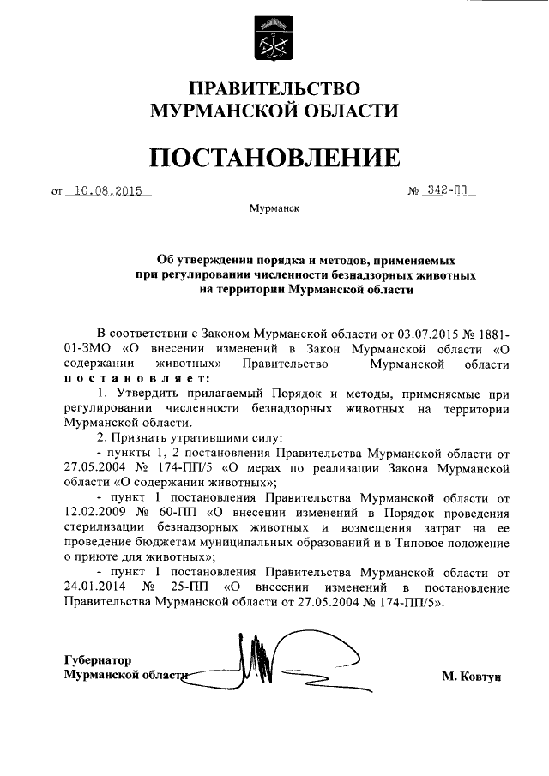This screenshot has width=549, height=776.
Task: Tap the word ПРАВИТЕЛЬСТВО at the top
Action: click(274, 88)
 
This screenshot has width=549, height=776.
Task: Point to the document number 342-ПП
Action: click(450, 191)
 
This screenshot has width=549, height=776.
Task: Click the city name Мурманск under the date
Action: click(274, 209)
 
